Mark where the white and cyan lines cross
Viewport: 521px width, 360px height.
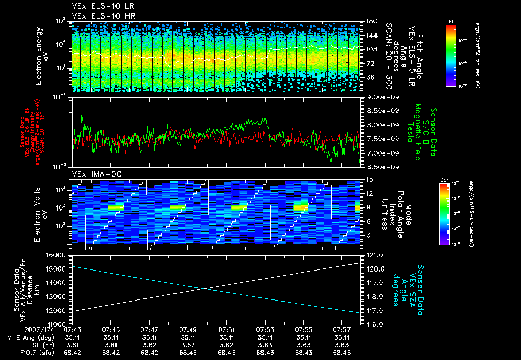205,289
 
